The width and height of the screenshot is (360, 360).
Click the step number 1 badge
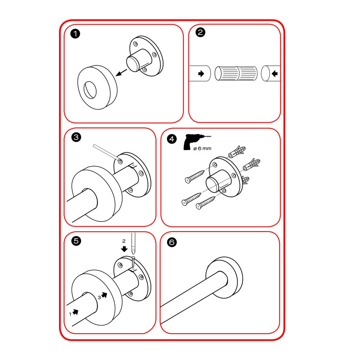[x=75, y=34]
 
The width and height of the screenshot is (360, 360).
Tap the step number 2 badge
[x=200, y=32]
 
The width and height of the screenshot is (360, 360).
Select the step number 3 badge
[x=76, y=137]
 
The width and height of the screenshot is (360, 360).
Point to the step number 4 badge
[x=172, y=139]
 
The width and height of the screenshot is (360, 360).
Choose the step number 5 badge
[x=76, y=241]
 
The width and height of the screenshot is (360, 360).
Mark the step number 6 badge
[x=172, y=242]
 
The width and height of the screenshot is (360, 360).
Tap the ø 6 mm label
[x=202, y=149]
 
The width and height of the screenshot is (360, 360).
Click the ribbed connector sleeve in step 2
[x=236, y=73]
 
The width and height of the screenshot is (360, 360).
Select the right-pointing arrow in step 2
[x=201, y=74]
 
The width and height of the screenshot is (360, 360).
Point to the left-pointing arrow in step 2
[x=275, y=74]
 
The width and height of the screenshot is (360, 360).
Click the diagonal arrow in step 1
[x=121, y=73]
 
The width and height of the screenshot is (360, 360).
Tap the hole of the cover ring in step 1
[x=90, y=90]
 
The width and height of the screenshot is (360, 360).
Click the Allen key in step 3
[x=107, y=152]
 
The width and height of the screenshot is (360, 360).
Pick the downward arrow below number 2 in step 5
[x=124, y=249]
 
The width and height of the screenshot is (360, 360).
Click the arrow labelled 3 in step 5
[x=104, y=295]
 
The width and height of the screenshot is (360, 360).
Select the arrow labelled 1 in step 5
[x=75, y=312]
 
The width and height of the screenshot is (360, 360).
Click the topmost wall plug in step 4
[x=237, y=152]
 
